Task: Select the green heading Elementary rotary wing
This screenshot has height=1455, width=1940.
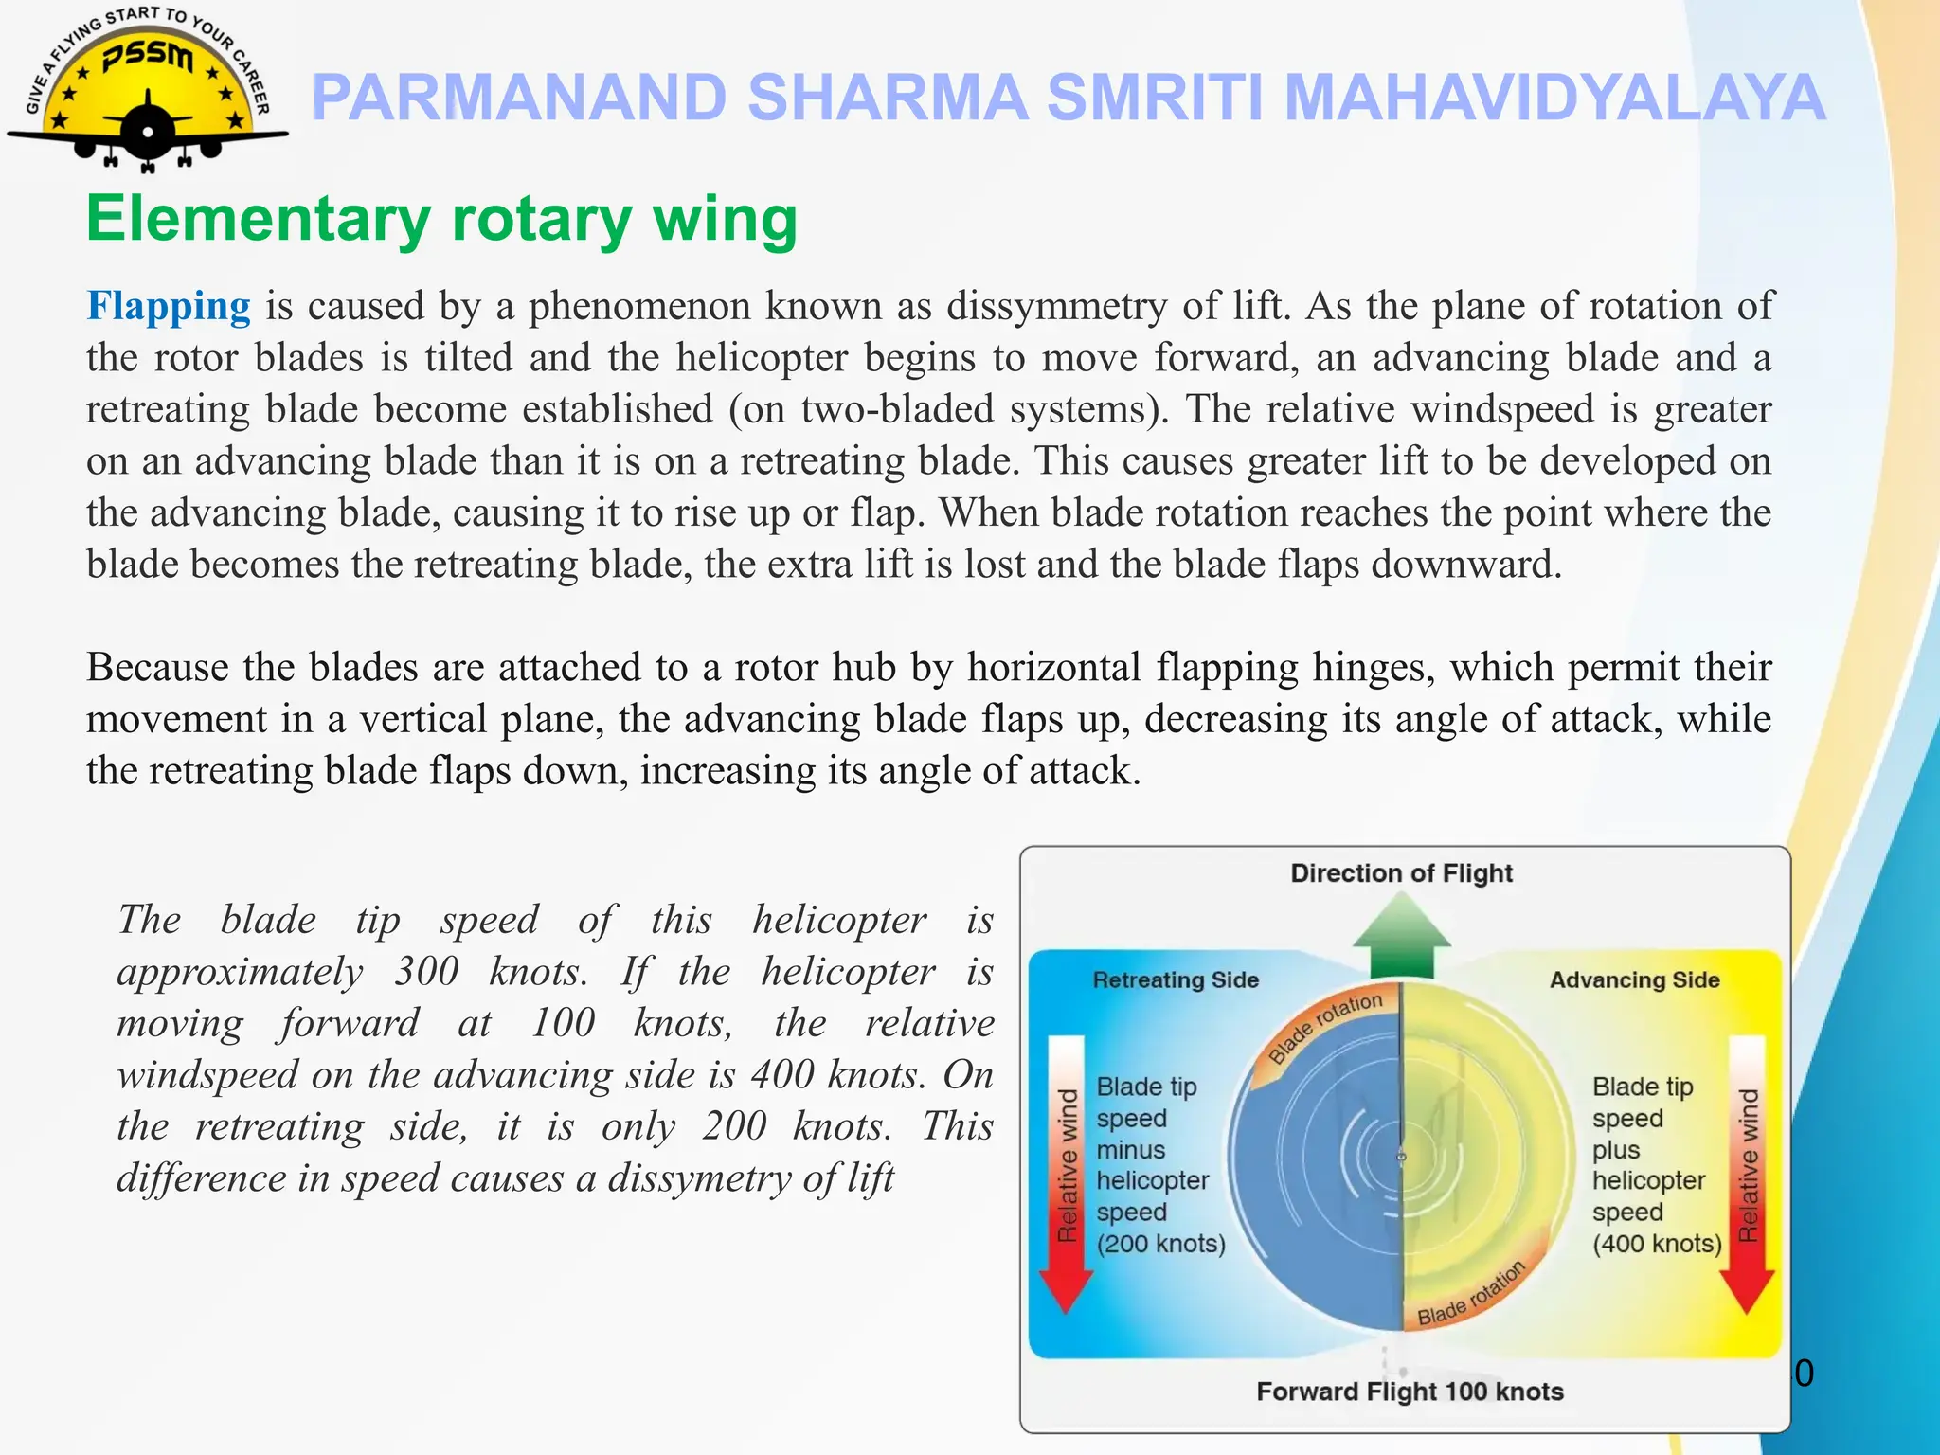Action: click(441, 219)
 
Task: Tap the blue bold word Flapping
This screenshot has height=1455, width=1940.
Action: click(169, 306)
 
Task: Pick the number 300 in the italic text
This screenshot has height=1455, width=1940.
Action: click(426, 972)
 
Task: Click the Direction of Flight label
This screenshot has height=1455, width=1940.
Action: click(1401, 872)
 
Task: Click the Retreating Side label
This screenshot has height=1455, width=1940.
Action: click(1176, 979)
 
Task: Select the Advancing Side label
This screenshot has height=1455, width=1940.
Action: click(1634, 979)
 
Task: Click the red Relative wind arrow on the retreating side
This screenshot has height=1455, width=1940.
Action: click(1067, 1175)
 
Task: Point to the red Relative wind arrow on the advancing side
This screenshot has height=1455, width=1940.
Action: click(1747, 1175)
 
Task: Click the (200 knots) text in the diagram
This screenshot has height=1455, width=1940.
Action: click(1160, 1243)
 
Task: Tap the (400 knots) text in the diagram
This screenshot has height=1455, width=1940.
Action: click(1657, 1243)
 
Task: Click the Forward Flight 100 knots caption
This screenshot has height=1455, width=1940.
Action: click(1410, 1391)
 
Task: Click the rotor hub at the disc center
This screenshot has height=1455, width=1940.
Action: click(1402, 1156)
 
